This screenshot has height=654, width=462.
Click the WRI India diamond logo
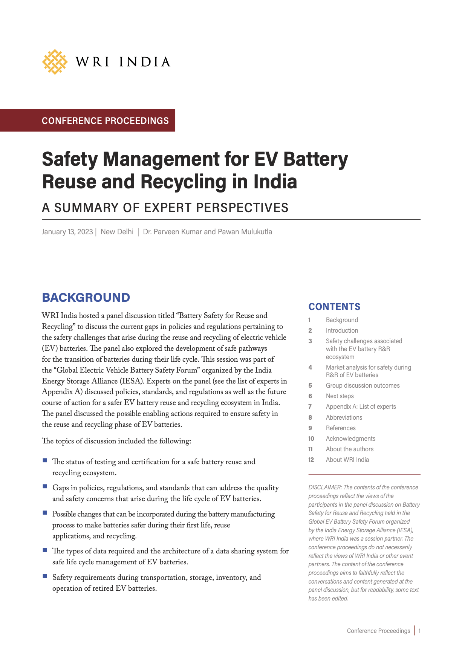coord(55,62)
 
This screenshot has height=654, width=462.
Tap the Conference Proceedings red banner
coord(105,121)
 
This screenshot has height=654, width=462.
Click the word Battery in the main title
coord(315,159)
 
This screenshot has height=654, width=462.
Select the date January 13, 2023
coord(67,232)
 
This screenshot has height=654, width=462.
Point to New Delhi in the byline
coord(117,232)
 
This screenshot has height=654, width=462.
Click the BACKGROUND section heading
coord(86,298)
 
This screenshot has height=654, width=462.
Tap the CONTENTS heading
coord(334,307)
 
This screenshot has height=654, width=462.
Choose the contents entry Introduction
coord(342,330)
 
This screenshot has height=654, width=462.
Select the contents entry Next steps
coord(340,396)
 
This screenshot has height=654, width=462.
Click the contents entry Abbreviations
coord(344,417)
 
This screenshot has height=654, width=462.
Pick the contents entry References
coord(341,428)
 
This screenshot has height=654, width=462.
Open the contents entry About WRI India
coord(347,460)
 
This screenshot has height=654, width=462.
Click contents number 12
coord(311,460)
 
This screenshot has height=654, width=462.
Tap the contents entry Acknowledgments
coord(350,439)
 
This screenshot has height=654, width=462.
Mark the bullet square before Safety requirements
coord(45,576)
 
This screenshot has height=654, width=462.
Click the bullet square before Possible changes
coord(45,513)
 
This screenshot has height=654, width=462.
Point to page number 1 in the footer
coord(419,631)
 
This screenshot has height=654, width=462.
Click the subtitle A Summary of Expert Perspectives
coord(165,208)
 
